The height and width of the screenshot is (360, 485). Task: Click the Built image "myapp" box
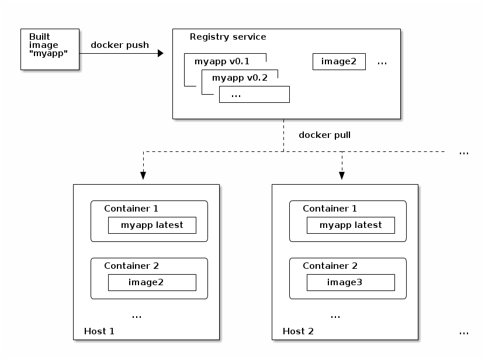50,49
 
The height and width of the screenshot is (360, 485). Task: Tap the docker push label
119,45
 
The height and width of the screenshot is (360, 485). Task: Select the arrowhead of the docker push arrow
161,53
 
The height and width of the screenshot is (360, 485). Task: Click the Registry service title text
228,37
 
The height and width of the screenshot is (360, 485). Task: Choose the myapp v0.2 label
240,78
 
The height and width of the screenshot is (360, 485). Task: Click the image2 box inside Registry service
339,61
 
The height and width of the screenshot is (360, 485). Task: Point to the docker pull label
324,135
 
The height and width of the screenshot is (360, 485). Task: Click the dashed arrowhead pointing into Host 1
143,175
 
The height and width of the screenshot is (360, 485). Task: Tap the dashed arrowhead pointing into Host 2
342,175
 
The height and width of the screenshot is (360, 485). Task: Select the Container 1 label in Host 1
131,209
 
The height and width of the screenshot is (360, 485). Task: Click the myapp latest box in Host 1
152,225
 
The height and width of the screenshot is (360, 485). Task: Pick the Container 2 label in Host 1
131,266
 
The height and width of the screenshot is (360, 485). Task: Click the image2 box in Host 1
152,282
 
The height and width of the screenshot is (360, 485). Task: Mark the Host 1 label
99,331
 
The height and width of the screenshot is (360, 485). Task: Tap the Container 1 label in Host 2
330,209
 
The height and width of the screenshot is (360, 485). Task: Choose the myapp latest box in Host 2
351,225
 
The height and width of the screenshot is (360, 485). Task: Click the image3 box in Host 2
351,282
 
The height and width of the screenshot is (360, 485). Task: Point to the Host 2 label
298,331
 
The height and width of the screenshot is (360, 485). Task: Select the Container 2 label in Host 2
330,266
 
